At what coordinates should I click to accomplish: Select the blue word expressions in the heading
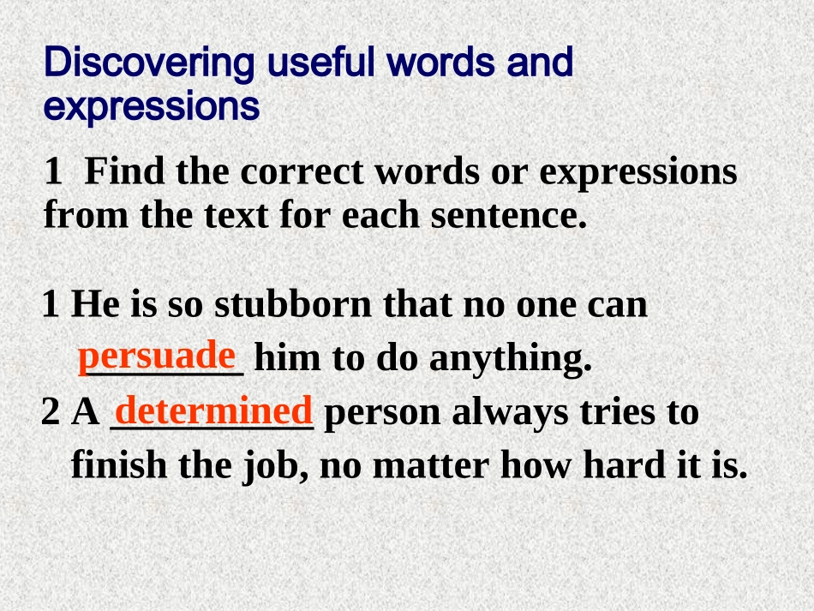(152, 109)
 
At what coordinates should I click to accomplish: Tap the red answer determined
(212, 410)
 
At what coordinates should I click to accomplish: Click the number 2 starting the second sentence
(51, 414)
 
